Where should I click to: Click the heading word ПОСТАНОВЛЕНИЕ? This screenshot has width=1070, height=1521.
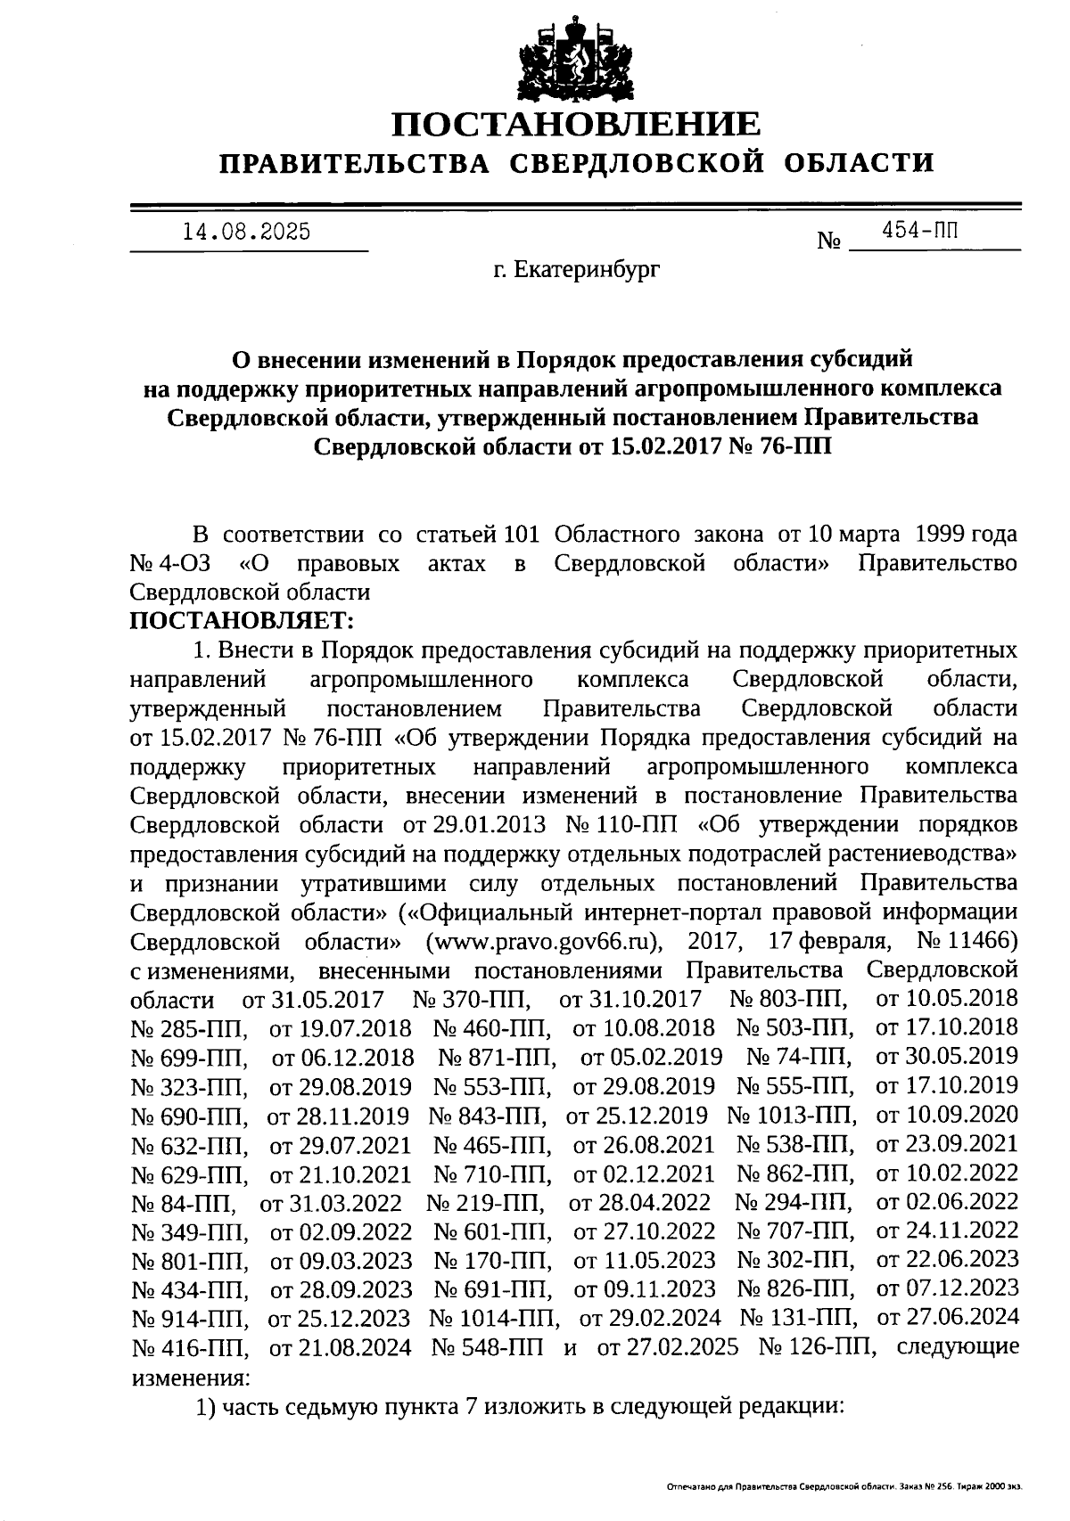578,124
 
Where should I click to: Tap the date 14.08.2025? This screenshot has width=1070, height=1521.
247,233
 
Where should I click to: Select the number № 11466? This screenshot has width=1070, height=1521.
966,942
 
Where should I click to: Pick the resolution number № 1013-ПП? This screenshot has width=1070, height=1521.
792,1116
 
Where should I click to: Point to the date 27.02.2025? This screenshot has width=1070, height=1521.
668,1346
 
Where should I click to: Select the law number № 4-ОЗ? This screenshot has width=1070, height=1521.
169,565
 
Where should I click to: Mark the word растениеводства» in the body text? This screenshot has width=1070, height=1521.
922,855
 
